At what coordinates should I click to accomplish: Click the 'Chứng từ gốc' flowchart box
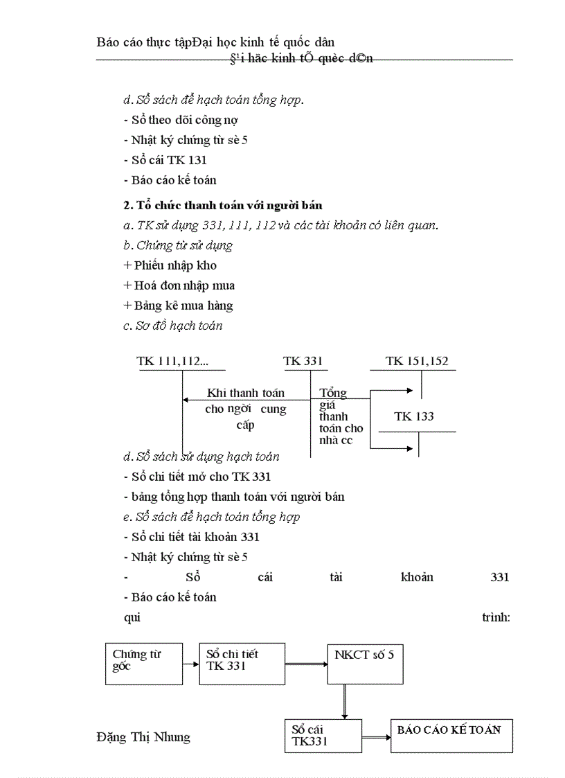(144, 664)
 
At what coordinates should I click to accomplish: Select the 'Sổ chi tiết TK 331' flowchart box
(242, 664)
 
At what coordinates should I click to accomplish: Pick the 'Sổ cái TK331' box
(323, 736)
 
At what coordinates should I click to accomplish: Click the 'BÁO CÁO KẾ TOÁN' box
(451, 736)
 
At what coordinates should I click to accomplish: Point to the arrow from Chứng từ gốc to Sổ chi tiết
(191, 664)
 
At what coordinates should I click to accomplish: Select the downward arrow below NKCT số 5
(344, 702)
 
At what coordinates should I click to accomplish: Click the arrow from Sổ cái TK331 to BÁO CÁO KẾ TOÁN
(376, 736)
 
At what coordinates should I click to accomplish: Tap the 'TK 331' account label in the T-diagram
(303, 361)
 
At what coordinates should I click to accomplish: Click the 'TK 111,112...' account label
(172, 361)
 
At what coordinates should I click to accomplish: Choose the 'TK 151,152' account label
(417, 361)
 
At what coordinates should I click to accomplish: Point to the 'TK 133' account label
(414, 416)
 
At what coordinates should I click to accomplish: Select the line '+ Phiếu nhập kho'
(170, 265)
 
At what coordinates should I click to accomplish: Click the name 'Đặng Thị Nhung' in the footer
(143, 736)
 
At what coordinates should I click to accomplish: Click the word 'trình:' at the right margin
(496, 617)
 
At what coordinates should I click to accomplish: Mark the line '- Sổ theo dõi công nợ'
(181, 120)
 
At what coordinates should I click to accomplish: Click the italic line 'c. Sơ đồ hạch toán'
(173, 326)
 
